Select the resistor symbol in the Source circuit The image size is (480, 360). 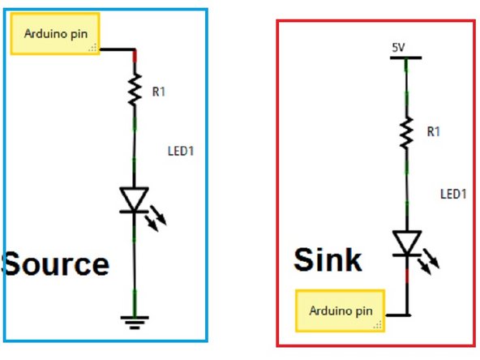tap(135, 92)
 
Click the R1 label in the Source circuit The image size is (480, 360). tap(159, 92)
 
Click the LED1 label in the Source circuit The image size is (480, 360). tap(180, 151)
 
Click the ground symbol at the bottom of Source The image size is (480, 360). tap(135, 323)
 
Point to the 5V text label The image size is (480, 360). tap(397, 47)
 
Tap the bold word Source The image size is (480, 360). tap(55, 264)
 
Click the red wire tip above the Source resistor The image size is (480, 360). tap(135, 55)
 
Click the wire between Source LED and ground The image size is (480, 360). tap(135, 268)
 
